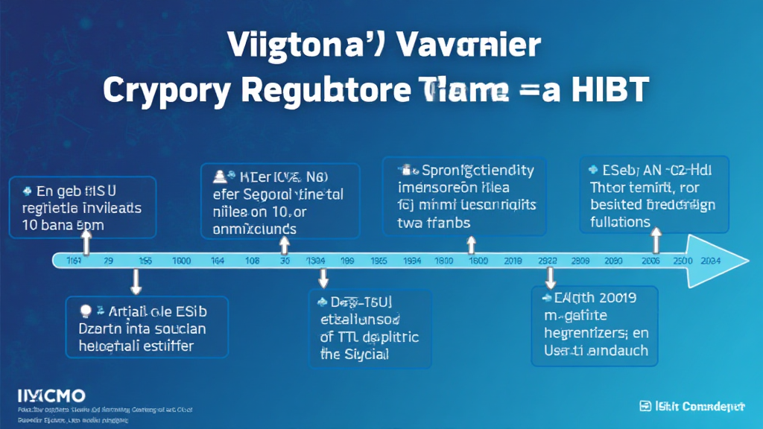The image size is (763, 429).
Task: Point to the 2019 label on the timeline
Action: coord(513,261)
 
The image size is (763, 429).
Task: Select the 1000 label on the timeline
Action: coord(181,261)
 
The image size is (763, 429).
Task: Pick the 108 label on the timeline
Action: coord(253,261)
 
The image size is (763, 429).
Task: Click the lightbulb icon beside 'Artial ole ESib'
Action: coord(84,310)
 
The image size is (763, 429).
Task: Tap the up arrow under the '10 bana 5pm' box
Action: coord(86,241)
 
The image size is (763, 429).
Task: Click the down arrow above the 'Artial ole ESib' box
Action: coord(136,282)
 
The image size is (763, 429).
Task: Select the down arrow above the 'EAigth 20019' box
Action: coord(550,278)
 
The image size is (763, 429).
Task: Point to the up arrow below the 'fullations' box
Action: coord(656,241)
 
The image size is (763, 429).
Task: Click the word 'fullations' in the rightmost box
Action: coord(620,222)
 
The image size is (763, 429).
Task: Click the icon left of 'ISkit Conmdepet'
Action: coord(645,407)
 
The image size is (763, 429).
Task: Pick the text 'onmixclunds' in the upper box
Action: coord(255,229)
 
